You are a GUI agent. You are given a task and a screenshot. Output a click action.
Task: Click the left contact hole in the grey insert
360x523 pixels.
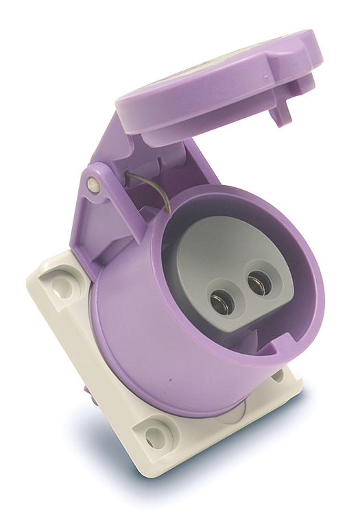[x=221, y=300]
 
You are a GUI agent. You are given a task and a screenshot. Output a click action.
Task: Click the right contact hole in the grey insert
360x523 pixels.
[x=259, y=282]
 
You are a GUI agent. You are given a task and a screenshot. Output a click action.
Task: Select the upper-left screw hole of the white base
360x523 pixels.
[x=62, y=288]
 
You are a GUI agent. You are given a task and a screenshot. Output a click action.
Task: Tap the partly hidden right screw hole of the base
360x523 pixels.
[x=278, y=375]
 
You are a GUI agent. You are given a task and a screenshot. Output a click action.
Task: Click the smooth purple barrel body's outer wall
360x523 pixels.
[x=137, y=322]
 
